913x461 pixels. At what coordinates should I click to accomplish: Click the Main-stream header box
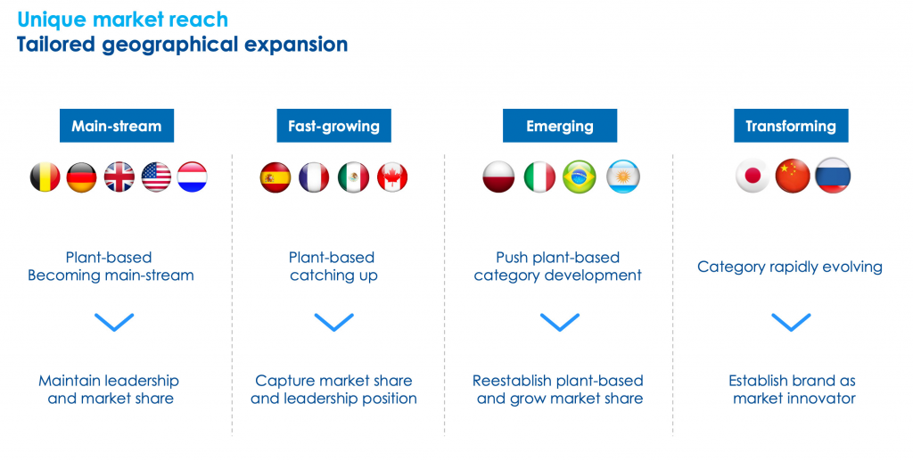[117, 126]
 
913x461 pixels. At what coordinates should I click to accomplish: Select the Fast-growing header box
[333, 126]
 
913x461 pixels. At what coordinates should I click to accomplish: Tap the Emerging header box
[560, 126]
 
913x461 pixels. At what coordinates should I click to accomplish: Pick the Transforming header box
[791, 126]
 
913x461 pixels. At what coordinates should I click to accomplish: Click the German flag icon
[81, 177]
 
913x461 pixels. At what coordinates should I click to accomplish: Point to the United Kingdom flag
[119, 177]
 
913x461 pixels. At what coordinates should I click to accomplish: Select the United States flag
[156, 177]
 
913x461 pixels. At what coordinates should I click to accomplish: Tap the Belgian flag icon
[45, 177]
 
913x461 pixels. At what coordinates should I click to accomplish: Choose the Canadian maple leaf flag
[392, 177]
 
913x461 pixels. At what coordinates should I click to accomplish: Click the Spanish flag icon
[276, 177]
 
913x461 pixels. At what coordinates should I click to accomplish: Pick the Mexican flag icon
[353, 177]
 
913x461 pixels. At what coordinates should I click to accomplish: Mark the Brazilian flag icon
[580, 177]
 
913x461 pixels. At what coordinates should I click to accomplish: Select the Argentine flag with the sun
[623, 177]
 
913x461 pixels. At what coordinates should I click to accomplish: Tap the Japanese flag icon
[753, 175]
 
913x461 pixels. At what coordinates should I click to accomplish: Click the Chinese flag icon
[793, 175]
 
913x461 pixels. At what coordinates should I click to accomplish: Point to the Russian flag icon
[833, 175]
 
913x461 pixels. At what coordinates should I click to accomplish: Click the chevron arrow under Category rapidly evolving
[791, 322]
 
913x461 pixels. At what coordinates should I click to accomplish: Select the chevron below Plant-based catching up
[333, 322]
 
